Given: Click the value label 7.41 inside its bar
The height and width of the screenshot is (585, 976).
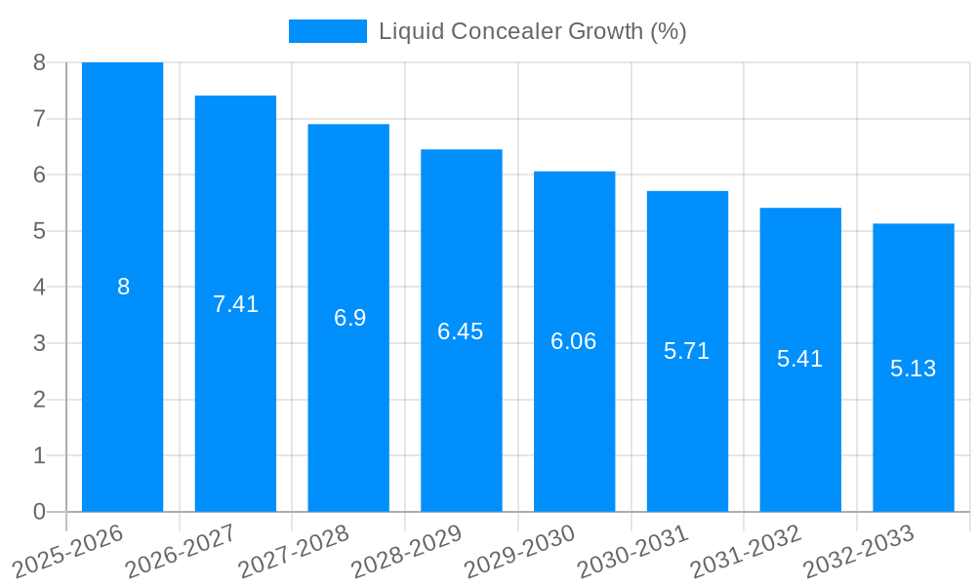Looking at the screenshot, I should (x=235, y=304).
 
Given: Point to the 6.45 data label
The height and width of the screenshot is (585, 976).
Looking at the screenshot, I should (x=461, y=331).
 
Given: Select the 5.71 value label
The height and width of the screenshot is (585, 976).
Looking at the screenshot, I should (x=687, y=352).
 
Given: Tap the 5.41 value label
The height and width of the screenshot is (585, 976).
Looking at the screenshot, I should (x=800, y=359).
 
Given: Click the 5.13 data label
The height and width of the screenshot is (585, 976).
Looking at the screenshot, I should (x=913, y=369).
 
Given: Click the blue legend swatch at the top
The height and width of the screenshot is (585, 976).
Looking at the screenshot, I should (x=327, y=31).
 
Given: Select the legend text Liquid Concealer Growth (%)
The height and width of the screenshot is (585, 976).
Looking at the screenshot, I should (x=532, y=31).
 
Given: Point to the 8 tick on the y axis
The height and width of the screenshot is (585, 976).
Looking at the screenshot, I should (x=39, y=62).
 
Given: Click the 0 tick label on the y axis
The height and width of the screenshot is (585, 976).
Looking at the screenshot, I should (x=39, y=512).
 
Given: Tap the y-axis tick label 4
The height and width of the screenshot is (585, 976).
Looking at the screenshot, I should (x=39, y=288).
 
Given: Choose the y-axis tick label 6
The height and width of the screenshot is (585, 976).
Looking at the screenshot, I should (x=39, y=175).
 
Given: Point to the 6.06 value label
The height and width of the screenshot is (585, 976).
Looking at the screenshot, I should (x=574, y=341).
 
